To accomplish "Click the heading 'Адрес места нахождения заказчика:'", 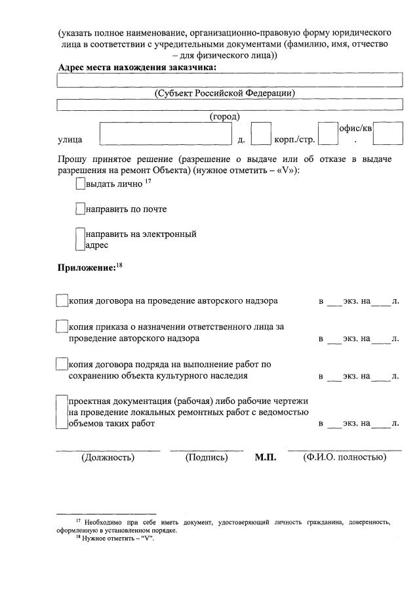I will [137, 67].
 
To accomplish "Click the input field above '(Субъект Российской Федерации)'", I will [229, 80].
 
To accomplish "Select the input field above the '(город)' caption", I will [229, 104].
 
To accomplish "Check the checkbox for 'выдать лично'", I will [80, 184].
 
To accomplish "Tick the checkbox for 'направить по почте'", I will [80, 209].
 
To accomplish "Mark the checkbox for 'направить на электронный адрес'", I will [80, 239].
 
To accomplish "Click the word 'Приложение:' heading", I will [86, 268].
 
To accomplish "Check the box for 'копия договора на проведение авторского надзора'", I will [62, 301].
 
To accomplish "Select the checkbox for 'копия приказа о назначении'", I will [62, 327].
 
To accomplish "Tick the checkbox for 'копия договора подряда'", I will [62, 364].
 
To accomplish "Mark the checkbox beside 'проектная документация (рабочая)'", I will [62, 412].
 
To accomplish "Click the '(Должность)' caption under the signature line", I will [108, 457].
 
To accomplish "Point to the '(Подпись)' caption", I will [207, 457].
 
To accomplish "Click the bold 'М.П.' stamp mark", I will [266, 457].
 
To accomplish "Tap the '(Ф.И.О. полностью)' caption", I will [344, 457].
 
